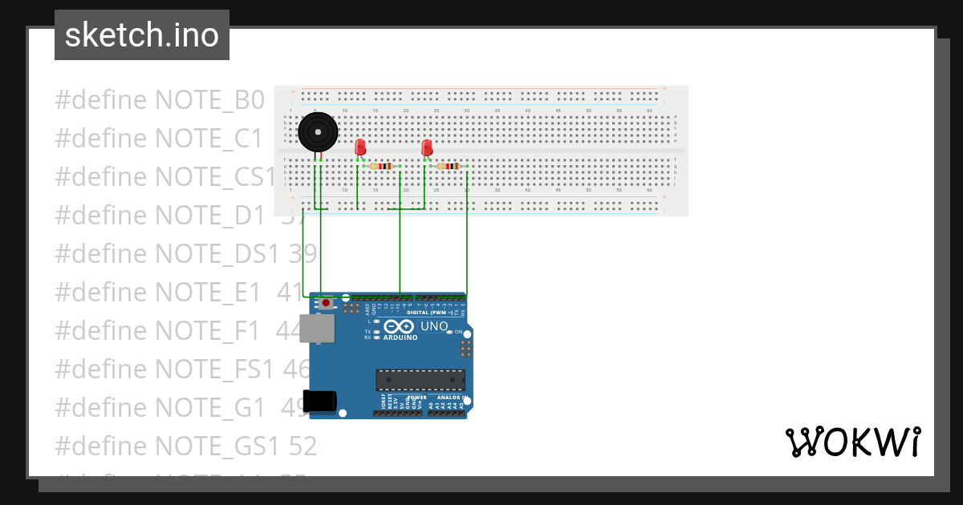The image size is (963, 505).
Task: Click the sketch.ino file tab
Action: [142, 35]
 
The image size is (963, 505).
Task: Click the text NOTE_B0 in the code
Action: [209, 100]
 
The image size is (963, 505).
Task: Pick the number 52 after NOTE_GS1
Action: [302, 445]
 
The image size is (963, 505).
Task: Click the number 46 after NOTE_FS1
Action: [298, 368]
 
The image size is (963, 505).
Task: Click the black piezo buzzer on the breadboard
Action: [318, 131]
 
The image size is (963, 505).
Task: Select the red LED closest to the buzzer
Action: [360, 147]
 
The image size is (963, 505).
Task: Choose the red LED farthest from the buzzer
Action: [427, 147]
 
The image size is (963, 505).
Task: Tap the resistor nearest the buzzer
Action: [383, 167]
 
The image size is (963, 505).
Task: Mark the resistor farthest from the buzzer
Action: [449, 167]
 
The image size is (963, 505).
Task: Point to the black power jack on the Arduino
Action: [319, 401]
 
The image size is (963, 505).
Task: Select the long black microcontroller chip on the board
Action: [421, 380]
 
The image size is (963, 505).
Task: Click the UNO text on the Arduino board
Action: [434, 326]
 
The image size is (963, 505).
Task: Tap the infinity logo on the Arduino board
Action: [399, 326]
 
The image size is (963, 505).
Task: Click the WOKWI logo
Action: [852, 442]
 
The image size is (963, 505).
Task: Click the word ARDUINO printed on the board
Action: [400, 337]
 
